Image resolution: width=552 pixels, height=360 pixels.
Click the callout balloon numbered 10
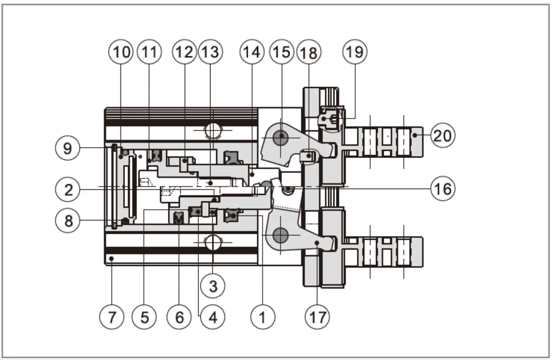[121, 52]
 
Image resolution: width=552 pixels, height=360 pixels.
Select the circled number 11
[149, 52]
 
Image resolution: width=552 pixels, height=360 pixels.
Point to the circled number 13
[211, 52]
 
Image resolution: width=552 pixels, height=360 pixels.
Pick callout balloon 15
[282, 52]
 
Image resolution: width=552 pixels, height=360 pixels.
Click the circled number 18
[309, 53]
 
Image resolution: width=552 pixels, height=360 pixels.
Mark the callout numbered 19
[354, 52]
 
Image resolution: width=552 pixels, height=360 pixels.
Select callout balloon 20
[442, 135]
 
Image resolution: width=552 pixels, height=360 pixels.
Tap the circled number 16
[442, 188]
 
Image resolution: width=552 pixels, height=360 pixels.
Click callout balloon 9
[67, 148]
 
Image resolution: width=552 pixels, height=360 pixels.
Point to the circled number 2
[68, 190]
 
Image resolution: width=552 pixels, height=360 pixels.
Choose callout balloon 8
[68, 221]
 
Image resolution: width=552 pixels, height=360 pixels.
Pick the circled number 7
[112, 317]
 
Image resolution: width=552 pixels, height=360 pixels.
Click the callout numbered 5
[144, 317]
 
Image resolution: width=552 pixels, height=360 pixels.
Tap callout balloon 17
[317, 317]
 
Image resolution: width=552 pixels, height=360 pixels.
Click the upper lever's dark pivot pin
[281, 137]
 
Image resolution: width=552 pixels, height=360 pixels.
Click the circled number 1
[262, 317]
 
